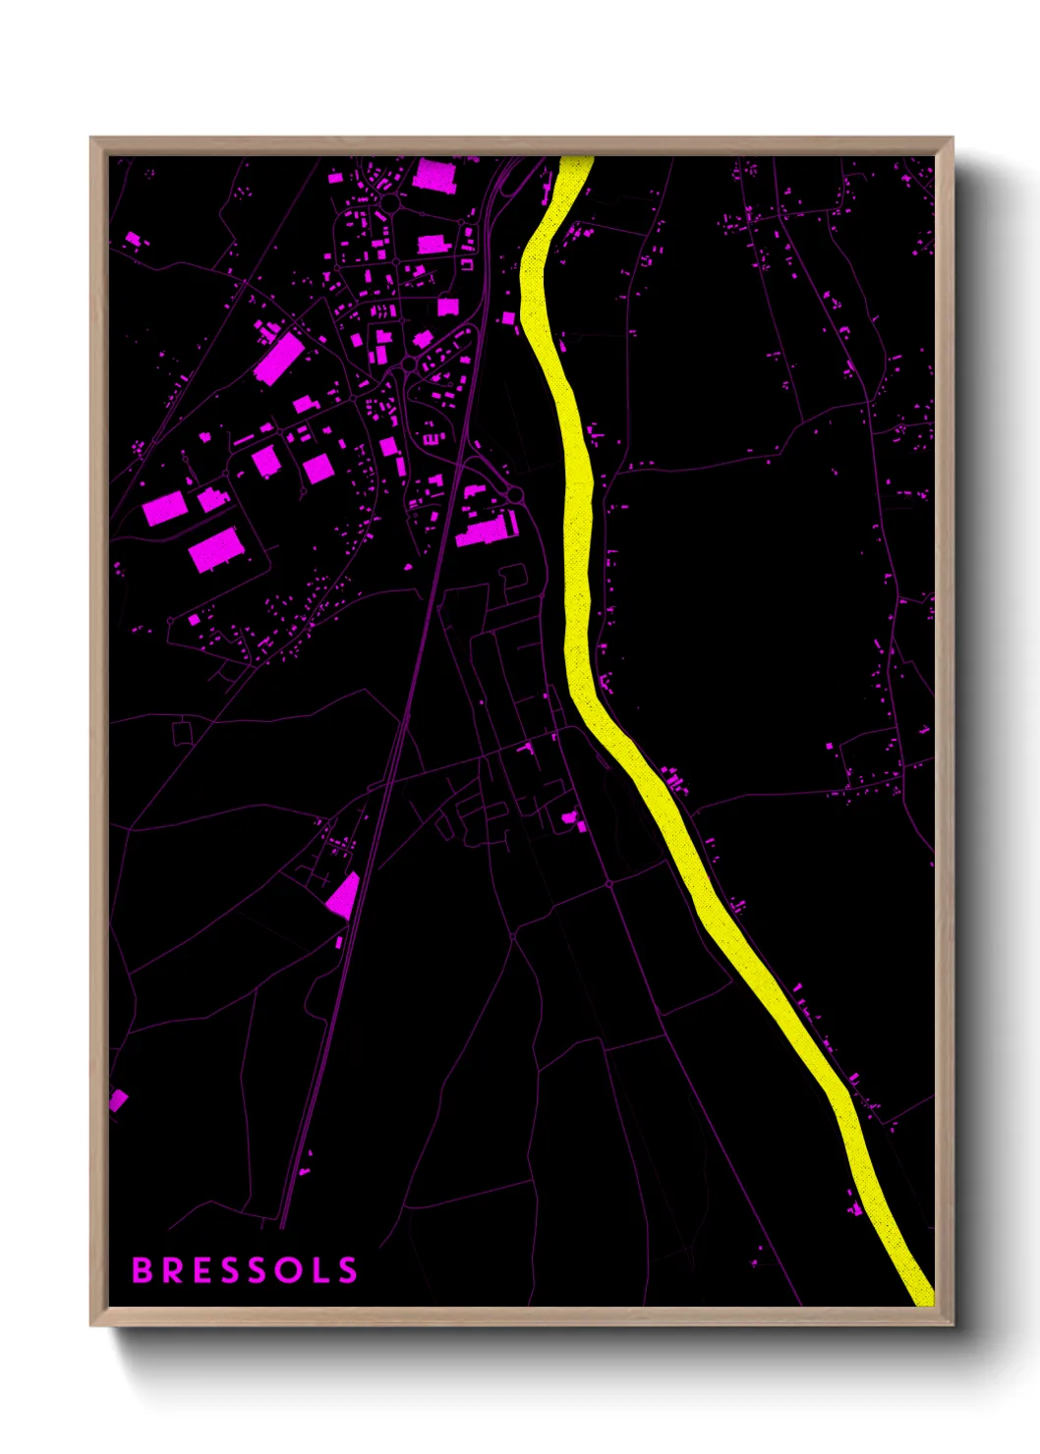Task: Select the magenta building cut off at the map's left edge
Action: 117,1099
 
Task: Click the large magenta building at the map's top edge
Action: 433,176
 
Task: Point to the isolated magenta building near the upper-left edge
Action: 133,239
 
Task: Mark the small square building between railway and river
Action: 508,318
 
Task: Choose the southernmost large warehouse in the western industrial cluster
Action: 214,550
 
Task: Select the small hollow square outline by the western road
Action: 182,733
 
